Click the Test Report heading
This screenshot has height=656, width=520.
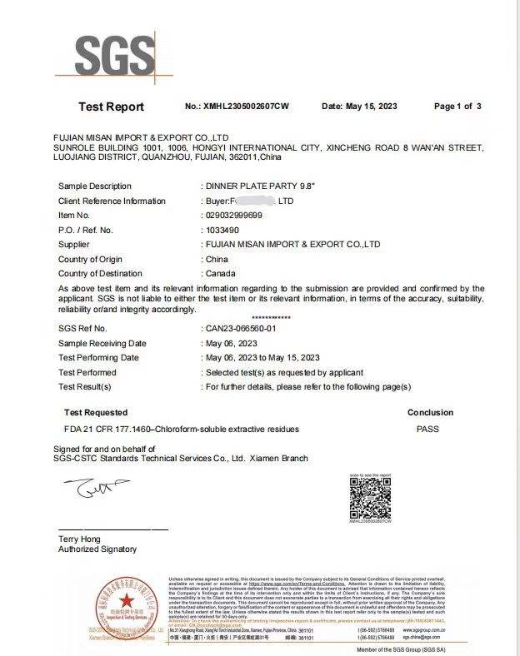[x=111, y=107]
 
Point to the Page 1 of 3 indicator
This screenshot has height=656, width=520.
[x=457, y=107]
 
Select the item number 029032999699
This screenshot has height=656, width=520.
[x=233, y=215]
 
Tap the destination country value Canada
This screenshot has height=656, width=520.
[x=220, y=273]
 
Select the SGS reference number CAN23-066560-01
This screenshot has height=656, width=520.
[x=246, y=329]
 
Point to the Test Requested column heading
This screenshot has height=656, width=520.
[x=96, y=412]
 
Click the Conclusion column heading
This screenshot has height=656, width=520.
[x=430, y=412]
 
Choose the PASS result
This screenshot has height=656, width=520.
[x=427, y=430]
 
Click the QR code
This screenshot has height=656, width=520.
[x=370, y=498]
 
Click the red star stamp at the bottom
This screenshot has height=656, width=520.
[x=127, y=602]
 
